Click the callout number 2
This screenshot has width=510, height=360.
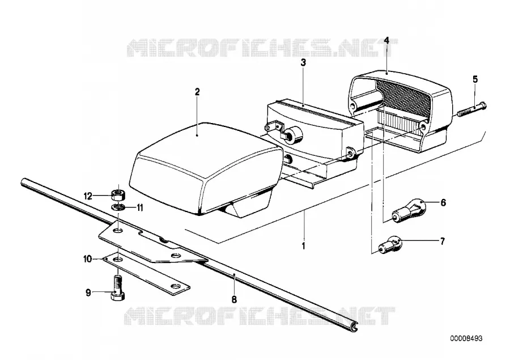coord(197,92)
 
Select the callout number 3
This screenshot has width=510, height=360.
coord(303,62)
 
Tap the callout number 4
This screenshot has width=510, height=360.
coord(386,40)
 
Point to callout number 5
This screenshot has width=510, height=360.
coord(475,79)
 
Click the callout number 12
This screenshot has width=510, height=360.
coord(88,196)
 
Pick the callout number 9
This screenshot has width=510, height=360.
coord(88,293)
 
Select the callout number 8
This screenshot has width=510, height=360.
coord(234,299)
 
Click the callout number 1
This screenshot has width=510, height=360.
coord(304,245)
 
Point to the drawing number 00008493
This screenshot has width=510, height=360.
coord(466,338)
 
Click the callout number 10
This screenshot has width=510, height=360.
coord(88,259)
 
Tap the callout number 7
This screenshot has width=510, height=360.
coord(442,241)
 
